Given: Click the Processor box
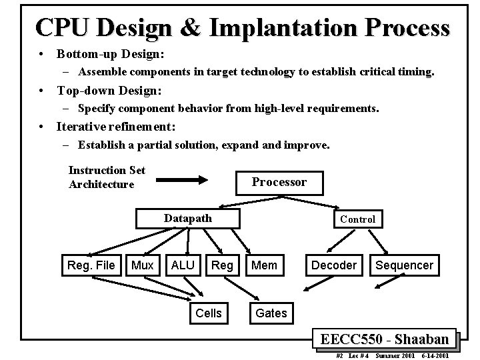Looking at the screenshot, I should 279,182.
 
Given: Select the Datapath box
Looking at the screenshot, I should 187,219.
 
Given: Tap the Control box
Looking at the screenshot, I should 357,219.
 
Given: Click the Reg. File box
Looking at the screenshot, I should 91,265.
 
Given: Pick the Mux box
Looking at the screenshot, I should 143,265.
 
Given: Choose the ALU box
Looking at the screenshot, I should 183,265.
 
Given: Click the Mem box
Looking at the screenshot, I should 265,265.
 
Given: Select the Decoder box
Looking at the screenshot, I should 334,265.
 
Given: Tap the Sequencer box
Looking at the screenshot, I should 404,265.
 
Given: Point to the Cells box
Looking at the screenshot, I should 208,313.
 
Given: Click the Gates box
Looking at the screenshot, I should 271,313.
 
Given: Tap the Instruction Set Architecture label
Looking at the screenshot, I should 107,177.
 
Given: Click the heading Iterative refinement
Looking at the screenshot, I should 116,126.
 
